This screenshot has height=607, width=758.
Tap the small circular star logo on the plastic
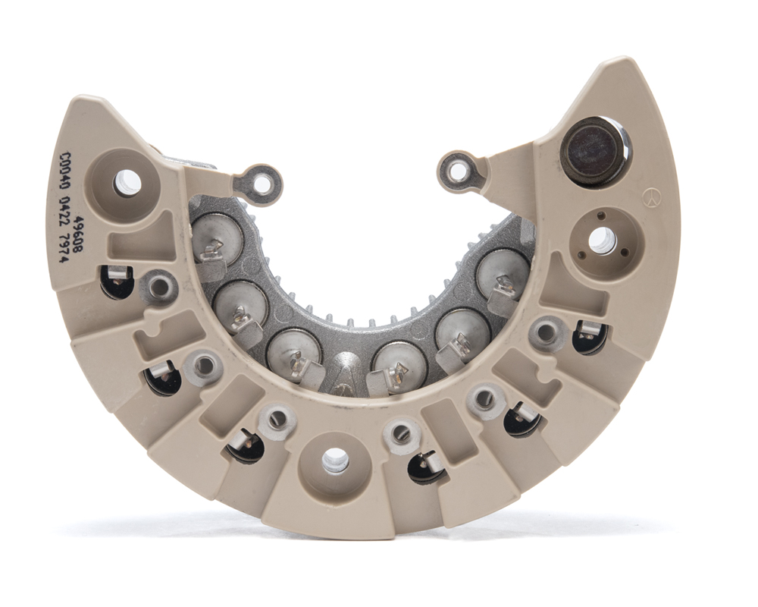(653, 197)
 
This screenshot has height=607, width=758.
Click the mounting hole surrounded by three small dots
(599, 239)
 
